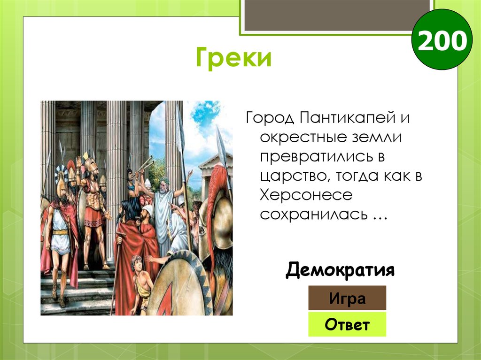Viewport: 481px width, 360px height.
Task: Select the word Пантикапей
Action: [x=345, y=118]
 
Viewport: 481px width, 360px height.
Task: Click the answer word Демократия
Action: [x=340, y=270]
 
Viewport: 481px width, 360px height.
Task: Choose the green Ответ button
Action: [x=347, y=324]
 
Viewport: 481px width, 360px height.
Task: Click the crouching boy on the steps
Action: [x=140, y=282]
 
